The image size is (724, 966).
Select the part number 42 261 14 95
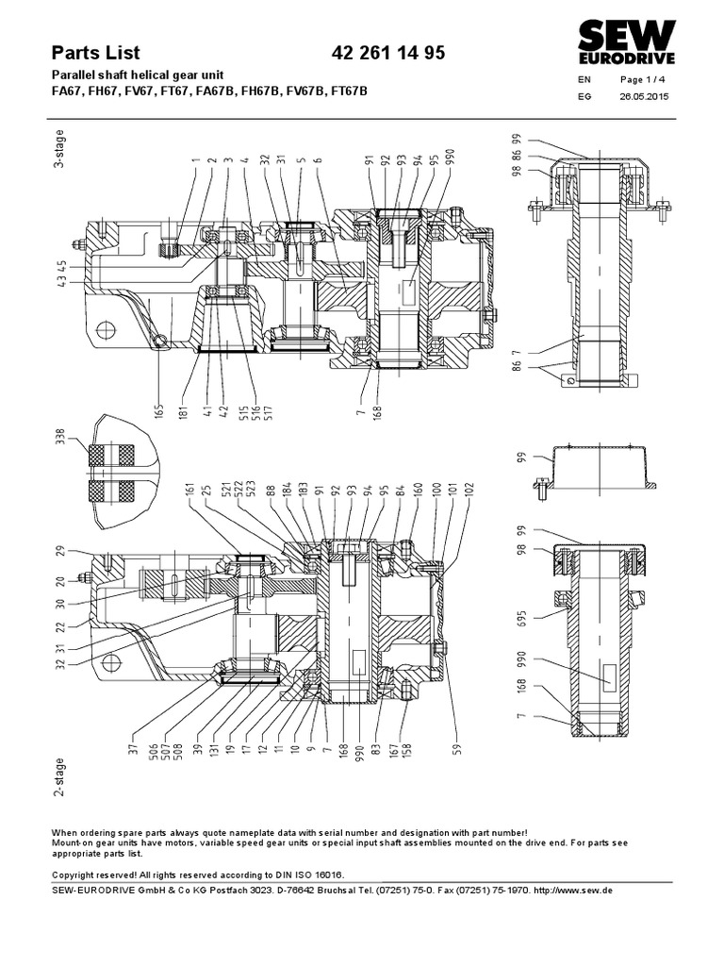(x=389, y=54)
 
